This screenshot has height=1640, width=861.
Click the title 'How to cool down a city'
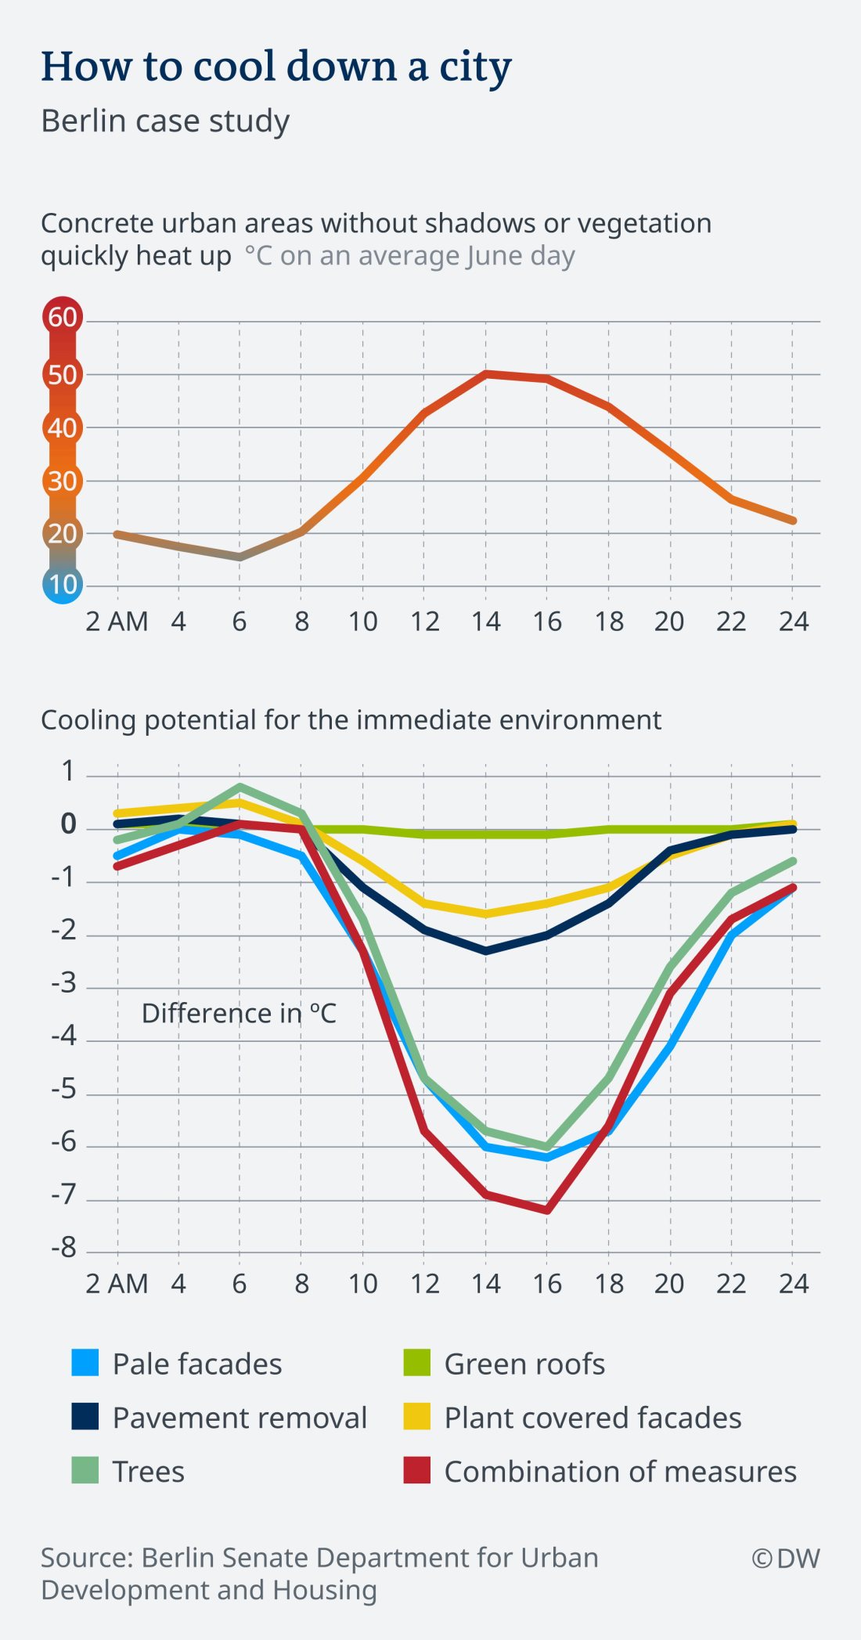[x=276, y=67]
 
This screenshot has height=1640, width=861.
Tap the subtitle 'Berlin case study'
[x=165, y=121]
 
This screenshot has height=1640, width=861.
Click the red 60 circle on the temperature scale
[x=63, y=317]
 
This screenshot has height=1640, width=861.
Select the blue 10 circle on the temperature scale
[x=63, y=584]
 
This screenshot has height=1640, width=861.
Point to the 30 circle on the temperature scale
[x=63, y=481]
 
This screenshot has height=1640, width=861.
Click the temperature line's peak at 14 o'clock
[x=485, y=374]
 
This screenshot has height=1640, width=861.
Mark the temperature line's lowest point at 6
[x=240, y=557]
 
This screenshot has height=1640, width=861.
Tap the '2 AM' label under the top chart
[x=117, y=622]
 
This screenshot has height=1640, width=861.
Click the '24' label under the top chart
[x=793, y=622]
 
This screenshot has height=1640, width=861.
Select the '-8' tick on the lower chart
[x=64, y=1248]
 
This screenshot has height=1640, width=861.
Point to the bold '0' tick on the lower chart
[x=69, y=824]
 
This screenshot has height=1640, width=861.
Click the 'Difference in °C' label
[x=239, y=1014]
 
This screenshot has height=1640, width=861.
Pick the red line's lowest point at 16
[x=546, y=1210]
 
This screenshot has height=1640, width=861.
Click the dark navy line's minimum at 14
[x=485, y=950]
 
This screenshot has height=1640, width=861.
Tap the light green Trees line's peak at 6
[x=240, y=787]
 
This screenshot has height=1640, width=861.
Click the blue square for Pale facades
[x=85, y=1363]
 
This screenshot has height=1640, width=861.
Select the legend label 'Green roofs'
[x=524, y=1364]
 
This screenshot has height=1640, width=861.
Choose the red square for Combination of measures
[x=417, y=1471]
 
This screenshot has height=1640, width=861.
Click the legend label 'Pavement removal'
[x=240, y=1418]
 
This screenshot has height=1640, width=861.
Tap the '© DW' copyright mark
[x=786, y=1559]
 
